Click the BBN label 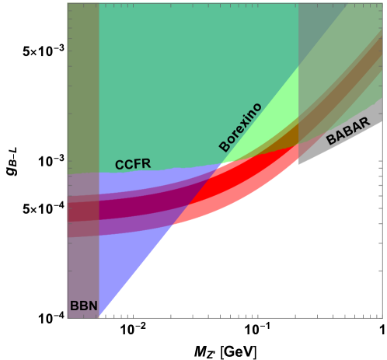(84, 306)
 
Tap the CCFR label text (132, 164)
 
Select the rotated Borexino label (240, 127)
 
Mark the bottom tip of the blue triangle (100, 315)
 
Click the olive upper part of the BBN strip (83, 86)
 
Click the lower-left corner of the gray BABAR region (300, 163)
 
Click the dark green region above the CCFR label (194, 78)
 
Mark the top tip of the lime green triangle (298, 68)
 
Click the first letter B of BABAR (330, 141)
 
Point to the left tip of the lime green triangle (224, 164)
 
